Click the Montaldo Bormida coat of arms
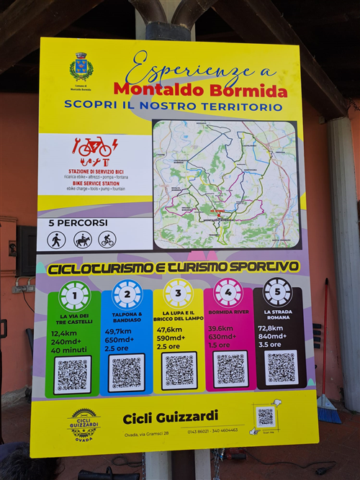pyautogui.click(x=81, y=67)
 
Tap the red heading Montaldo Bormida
pyautogui.click(x=200, y=91)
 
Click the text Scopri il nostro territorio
pyautogui.click(x=173, y=105)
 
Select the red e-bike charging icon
pyautogui.click(x=95, y=147)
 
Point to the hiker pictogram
pyautogui.click(x=57, y=240)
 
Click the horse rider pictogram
pyautogui.click(x=82, y=240)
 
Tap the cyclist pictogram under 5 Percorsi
pyautogui.click(x=107, y=240)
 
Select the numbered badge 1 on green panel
pyautogui.click(x=74, y=296)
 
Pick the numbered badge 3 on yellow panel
pyautogui.click(x=177, y=294)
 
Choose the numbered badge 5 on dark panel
pyautogui.click(x=277, y=291)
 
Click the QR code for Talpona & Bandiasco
pyautogui.click(x=126, y=372)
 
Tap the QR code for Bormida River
pyautogui.click(x=230, y=368)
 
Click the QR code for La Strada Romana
pyautogui.click(x=281, y=366)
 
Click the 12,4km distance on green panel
pyautogui.click(x=65, y=332)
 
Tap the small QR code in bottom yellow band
pyautogui.click(x=266, y=416)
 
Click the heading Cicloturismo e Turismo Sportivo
pyautogui.click(x=173, y=267)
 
